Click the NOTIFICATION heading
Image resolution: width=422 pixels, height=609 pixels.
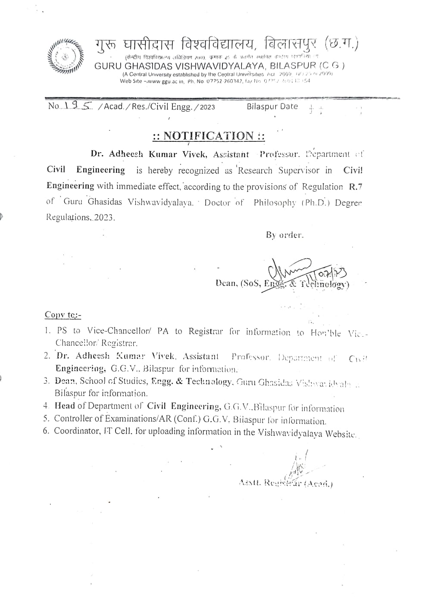(x=209, y=136)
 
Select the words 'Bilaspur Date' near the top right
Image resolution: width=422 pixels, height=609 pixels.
(x=272, y=106)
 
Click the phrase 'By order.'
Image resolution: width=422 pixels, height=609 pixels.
(x=284, y=235)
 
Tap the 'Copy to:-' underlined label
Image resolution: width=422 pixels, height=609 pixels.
(x=63, y=315)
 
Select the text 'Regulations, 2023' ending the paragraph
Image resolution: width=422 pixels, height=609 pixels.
(x=81, y=217)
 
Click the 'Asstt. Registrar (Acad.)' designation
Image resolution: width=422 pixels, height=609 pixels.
(x=285, y=483)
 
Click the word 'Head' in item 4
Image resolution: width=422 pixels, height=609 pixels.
(x=65, y=406)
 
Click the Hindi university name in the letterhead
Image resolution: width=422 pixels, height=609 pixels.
(x=226, y=44)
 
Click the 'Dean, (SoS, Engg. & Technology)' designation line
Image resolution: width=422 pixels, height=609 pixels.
(x=282, y=284)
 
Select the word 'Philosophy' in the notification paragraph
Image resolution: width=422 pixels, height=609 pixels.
(x=275, y=203)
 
